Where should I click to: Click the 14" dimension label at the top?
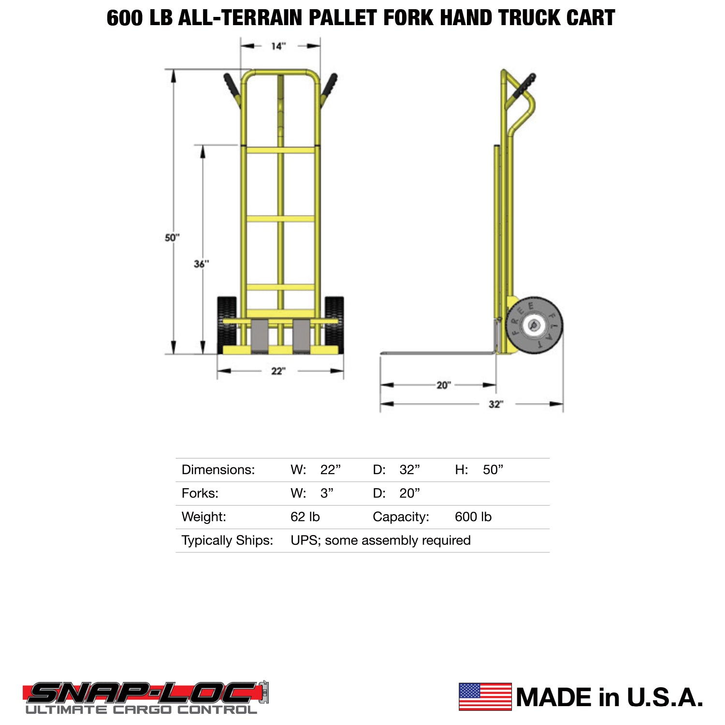(278, 46)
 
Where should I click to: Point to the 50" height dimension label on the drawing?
(172, 238)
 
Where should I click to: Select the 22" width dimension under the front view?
(278, 371)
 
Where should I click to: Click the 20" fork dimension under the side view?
(444, 385)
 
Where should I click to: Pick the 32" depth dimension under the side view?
(496, 404)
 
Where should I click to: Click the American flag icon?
(485, 696)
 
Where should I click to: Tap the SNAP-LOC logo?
(145, 694)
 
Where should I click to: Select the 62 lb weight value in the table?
(305, 517)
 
